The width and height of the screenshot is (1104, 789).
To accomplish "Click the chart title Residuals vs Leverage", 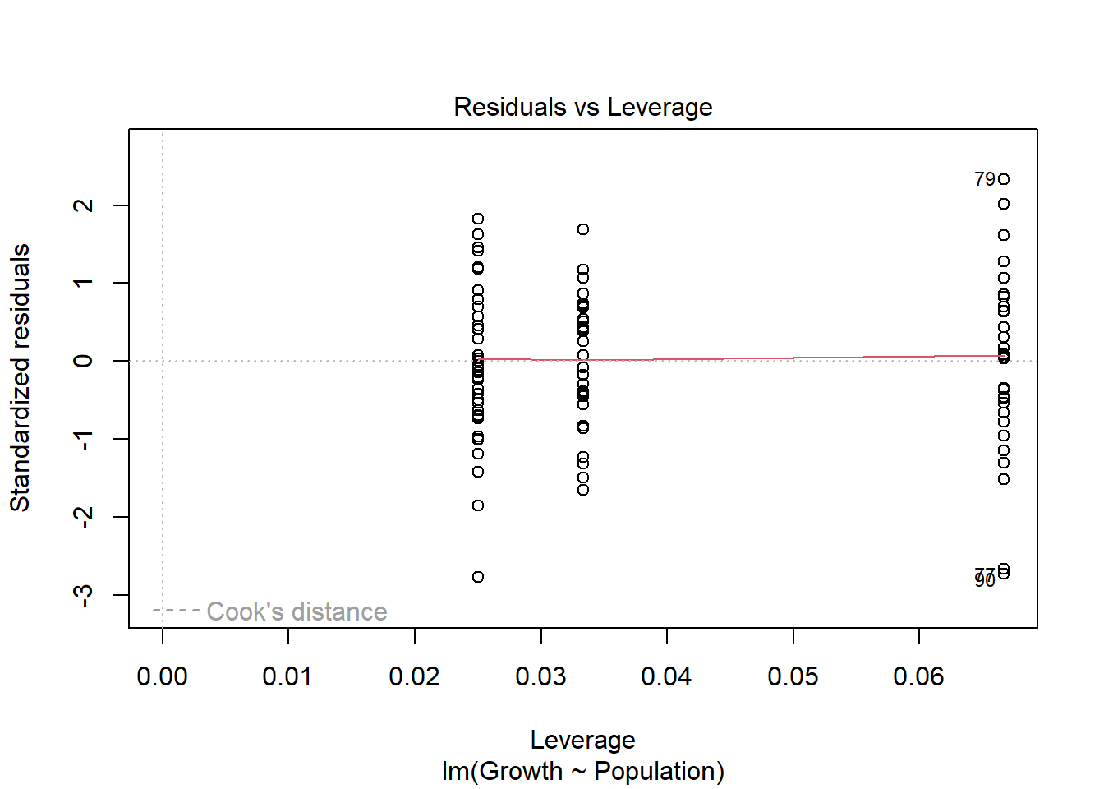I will [582, 107].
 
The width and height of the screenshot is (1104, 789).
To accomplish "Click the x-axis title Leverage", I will [582, 740].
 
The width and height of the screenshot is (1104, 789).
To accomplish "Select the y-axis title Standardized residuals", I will [20, 377].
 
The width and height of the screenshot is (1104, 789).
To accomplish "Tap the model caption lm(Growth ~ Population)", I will [582, 771].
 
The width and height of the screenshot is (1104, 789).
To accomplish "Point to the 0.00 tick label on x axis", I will [162, 676].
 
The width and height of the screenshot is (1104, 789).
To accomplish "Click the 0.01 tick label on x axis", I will [287, 676].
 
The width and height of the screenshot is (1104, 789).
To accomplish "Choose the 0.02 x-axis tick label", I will [414, 676].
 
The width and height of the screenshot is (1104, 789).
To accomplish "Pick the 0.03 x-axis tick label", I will [540, 676].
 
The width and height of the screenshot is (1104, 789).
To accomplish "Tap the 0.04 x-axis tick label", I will [666, 676].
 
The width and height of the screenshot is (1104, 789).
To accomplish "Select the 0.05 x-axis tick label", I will [793, 676].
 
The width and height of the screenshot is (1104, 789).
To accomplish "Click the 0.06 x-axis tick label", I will [918, 676].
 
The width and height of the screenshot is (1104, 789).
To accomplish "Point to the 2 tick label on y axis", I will [83, 205].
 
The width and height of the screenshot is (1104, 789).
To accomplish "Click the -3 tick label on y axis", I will [83, 594].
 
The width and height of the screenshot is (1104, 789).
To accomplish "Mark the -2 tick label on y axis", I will [83, 516].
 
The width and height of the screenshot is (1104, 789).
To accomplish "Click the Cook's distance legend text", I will [297, 611].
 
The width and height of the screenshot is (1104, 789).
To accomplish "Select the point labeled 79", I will [1004, 179].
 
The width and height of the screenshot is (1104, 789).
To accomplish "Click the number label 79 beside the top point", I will [984, 179].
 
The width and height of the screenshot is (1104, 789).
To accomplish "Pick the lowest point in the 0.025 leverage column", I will [478, 577].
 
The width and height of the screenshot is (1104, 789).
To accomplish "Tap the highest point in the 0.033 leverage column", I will [583, 229].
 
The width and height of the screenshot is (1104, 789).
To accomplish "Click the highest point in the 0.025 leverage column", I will [478, 219].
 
